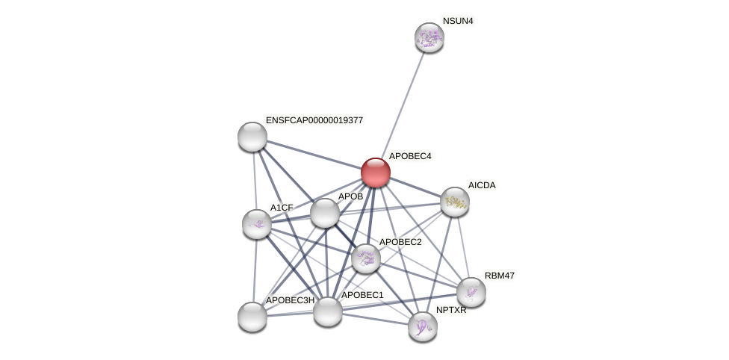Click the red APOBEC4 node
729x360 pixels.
[376, 173]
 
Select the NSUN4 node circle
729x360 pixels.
[429, 37]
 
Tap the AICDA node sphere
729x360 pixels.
[454, 202]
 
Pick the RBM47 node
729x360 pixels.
[471, 292]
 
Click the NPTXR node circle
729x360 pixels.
[423, 326]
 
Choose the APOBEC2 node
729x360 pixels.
[366, 258]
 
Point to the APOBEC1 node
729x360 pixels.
[328, 311]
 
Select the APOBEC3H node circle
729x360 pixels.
[252, 317]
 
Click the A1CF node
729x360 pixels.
[257, 224]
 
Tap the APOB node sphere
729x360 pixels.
[325, 213]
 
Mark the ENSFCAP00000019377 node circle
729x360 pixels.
[252, 137]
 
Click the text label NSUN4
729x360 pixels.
[458, 21]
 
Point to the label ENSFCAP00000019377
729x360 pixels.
[314, 120]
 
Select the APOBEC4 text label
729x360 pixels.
[410, 156]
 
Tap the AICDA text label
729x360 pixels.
[482, 185]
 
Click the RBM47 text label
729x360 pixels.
[500, 276]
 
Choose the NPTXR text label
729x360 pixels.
[451, 310]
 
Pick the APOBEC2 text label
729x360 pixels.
[400, 242]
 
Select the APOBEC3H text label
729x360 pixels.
[290, 300]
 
